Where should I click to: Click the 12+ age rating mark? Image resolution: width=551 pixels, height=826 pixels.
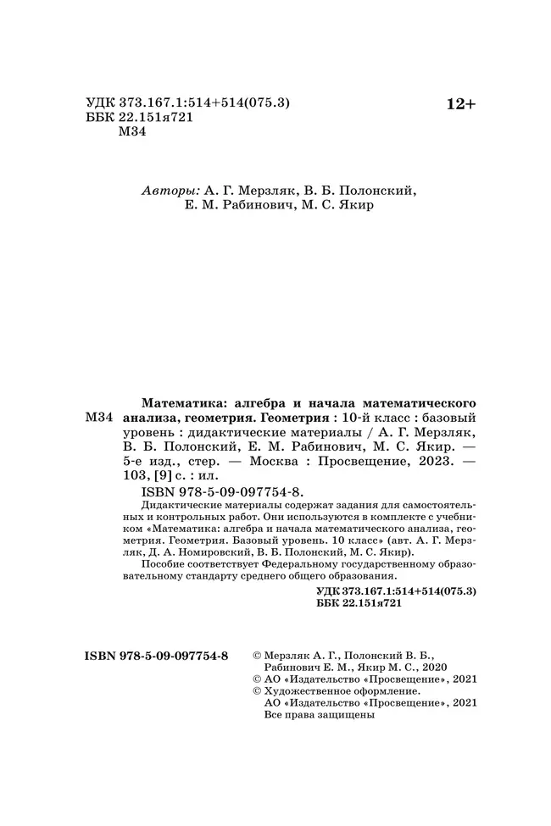[x=461, y=104]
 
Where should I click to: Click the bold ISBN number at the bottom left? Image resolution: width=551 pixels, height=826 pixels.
[x=158, y=656]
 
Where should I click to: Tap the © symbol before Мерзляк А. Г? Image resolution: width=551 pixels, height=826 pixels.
[x=259, y=656]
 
